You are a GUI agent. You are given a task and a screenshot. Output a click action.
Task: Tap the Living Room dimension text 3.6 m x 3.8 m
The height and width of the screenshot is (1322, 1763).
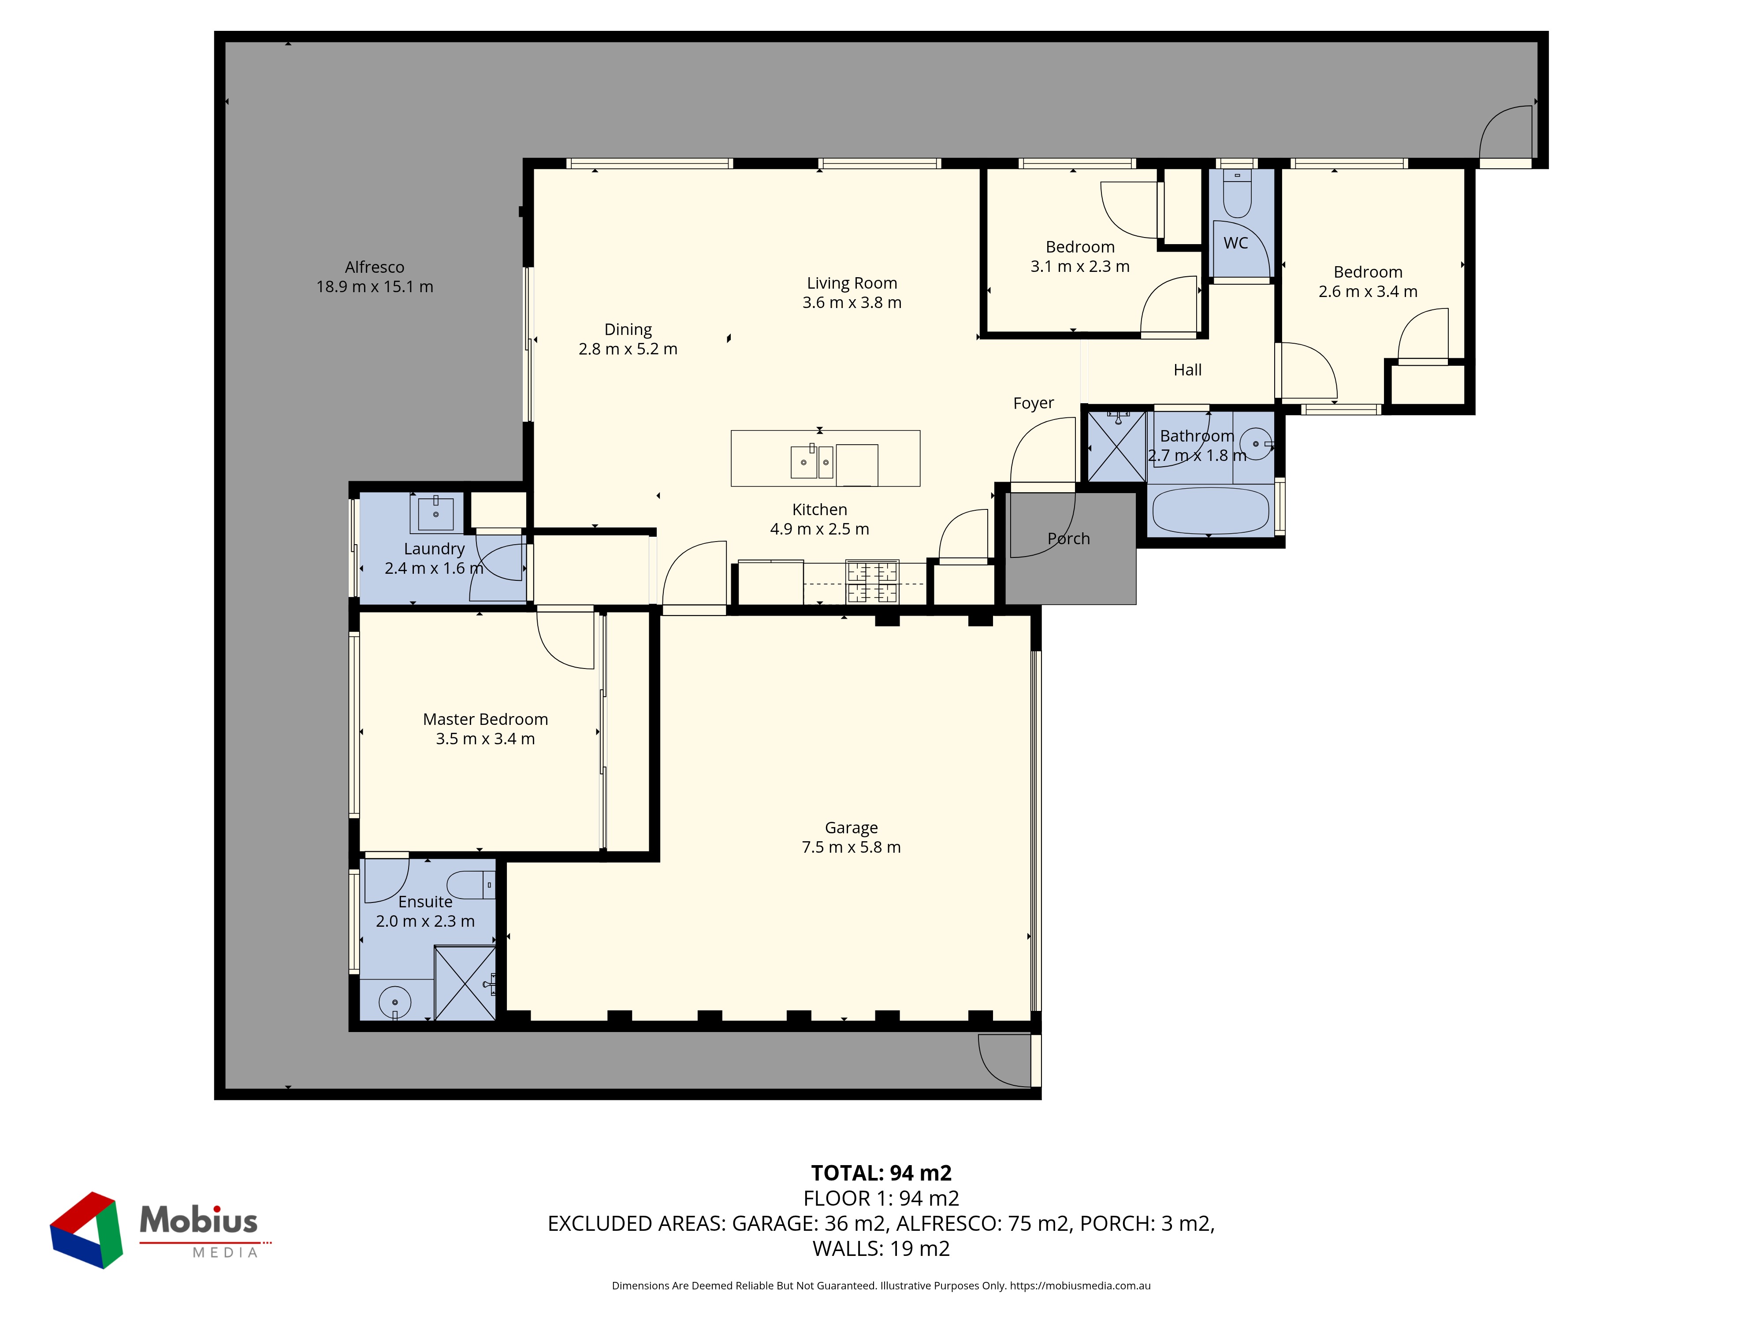click(852, 303)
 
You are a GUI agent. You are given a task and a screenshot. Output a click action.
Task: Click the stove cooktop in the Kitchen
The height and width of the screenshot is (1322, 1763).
click(872, 582)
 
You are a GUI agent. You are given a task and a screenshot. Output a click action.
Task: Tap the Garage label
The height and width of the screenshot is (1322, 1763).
click(851, 828)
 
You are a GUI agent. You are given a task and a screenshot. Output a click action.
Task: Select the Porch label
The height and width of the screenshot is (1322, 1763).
click(1069, 538)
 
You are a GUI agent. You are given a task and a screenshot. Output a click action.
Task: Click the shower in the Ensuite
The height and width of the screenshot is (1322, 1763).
click(465, 983)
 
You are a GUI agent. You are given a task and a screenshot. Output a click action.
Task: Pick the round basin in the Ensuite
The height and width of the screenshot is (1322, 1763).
click(394, 1002)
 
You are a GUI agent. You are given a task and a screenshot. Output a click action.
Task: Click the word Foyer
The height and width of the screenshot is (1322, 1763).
click(1034, 403)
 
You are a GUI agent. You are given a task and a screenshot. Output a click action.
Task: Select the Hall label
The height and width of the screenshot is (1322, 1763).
click(1187, 370)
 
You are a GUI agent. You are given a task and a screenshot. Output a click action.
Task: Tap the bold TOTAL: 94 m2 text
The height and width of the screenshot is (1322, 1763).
click(881, 1173)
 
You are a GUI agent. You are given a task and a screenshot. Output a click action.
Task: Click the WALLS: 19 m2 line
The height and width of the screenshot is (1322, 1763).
click(881, 1249)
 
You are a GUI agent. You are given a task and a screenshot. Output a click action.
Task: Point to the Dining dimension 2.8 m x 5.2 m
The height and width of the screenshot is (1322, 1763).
click(628, 349)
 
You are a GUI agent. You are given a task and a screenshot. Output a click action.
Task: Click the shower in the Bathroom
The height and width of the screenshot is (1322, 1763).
click(1116, 446)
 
